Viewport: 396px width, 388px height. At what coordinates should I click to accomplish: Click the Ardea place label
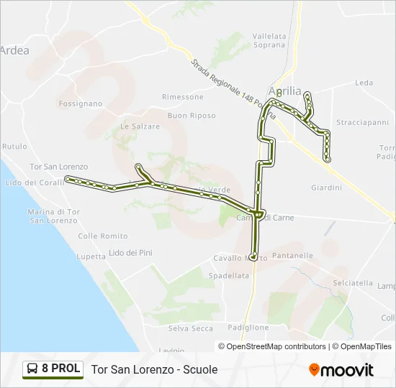pos(14,50)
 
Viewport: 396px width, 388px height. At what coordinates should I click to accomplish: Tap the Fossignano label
pos(81,103)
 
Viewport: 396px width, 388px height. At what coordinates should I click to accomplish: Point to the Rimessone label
pos(183,97)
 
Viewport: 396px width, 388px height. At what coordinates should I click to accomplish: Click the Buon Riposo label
pos(192,115)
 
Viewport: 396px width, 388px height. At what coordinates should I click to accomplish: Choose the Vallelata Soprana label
pos(269,40)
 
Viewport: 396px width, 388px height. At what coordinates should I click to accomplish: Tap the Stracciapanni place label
pos(362,122)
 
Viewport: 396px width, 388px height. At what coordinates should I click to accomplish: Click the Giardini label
pos(326,188)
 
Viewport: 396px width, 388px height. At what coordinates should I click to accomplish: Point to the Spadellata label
pos(228,275)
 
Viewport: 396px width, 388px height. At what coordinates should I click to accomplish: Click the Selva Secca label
pos(191,328)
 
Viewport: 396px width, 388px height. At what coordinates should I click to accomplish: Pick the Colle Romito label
pos(103,236)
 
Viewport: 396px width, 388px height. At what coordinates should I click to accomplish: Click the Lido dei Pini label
pos(130,252)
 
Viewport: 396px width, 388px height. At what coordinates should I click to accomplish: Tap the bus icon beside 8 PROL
pos(32,369)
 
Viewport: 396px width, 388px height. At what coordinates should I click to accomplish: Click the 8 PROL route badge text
pos(60,369)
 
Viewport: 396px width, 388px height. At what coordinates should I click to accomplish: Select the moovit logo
pos(341,370)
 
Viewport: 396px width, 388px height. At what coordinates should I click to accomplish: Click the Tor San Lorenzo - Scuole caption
pos(154,369)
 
